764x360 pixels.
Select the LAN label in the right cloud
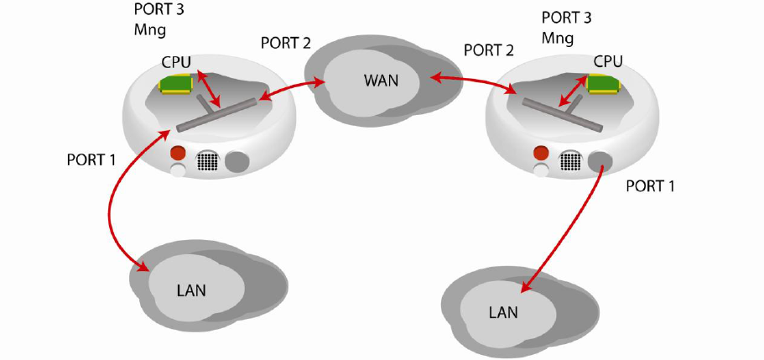tap(503, 312)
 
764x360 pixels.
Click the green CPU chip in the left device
tap(175, 83)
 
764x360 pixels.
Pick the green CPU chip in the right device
tap(604, 83)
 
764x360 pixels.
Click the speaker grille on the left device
tap(207, 161)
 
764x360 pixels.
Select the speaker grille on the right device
tap(571, 160)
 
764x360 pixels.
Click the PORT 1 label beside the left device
tap(91, 159)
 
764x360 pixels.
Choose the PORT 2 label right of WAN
tap(488, 50)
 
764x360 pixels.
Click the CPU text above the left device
tap(177, 61)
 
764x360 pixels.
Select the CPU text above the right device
tap(607, 61)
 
